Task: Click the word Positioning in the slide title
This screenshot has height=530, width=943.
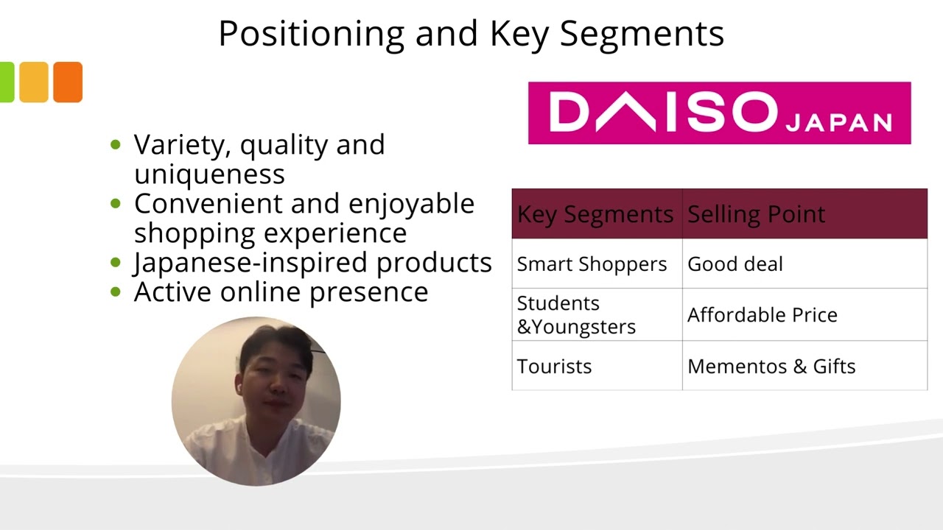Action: [x=311, y=34]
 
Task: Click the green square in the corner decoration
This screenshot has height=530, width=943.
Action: [x=6, y=82]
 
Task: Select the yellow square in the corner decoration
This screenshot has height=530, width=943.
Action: [x=33, y=82]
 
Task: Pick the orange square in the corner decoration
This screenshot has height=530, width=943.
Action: [x=68, y=82]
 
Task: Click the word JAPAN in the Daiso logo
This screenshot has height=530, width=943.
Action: [x=838, y=122]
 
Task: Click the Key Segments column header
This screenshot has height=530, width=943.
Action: [x=595, y=214]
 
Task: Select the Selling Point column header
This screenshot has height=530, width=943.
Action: [x=756, y=214]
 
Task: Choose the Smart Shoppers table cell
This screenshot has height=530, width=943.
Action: [x=592, y=264]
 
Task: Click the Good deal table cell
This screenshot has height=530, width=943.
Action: [x=735, y=264]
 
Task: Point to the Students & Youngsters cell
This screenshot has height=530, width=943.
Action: [x=575, y=315]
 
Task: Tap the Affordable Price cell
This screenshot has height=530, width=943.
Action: [x=762, y=315]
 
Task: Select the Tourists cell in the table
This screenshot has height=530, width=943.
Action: [x=554, y=367]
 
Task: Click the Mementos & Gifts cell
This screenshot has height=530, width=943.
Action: [x=771, y=367]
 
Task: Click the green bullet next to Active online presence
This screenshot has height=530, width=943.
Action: [x=115, y=292]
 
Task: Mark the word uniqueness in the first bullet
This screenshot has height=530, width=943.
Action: [x=209, y=174]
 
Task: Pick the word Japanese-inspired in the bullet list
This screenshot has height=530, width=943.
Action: [x=251, y=263]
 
